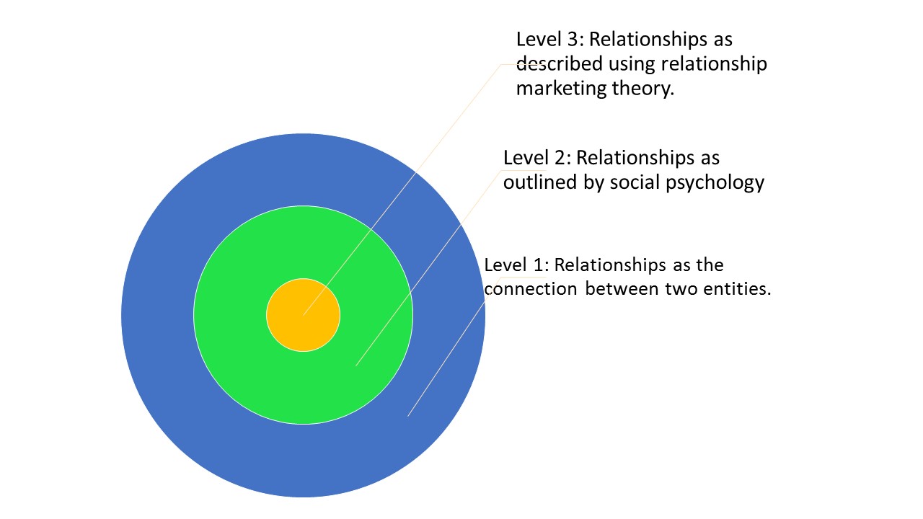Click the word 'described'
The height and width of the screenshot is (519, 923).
click(x=559, y=64)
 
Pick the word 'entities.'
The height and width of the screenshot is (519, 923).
click(x=737, y=289)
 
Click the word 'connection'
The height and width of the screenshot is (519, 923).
click(x=531, y=289)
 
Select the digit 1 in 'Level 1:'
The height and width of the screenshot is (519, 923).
click(x=539, y=265)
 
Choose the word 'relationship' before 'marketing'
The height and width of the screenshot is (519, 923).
click(x=714, y=65)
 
